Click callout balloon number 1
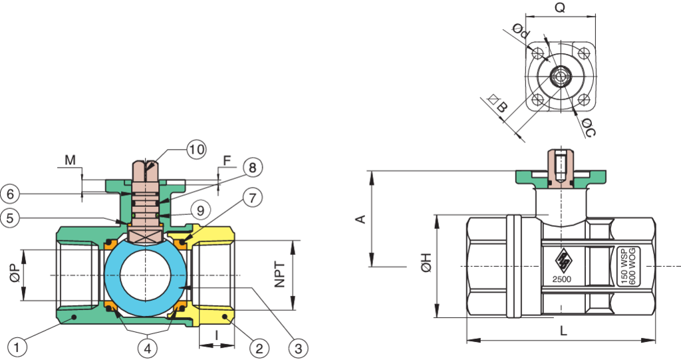pos(18,347)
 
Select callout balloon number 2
pos(259,347)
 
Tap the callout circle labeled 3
pos(299,347)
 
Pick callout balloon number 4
pos(147,347)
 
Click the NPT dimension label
pos(280,274)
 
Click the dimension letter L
pos(563,331)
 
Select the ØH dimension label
pos(426,265)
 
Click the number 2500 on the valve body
pos(562,279)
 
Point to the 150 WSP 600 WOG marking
pos(629,266)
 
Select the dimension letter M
pos(70,160)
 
